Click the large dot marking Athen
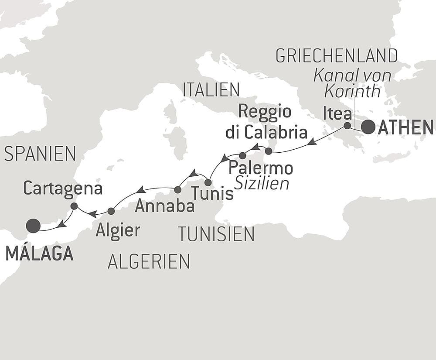[368, 127]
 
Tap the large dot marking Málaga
[33, 226]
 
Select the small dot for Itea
[347, 126]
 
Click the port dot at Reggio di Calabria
[269, 151]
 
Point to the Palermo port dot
[243, 155]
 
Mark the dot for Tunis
[208, 182]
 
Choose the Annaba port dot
[177, 190]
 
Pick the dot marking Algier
[111, 211]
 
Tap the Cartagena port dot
[74, 206]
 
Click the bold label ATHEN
[405, 127]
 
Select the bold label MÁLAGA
[39, 254]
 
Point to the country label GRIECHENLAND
[337, 56]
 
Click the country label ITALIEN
[211, 89]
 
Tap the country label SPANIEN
[40, 154]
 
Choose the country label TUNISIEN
[216, 234]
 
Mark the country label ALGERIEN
[149, 261]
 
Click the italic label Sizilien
[262, 184]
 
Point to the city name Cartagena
[63, 189]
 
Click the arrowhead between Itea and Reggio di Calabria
[311, 142]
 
